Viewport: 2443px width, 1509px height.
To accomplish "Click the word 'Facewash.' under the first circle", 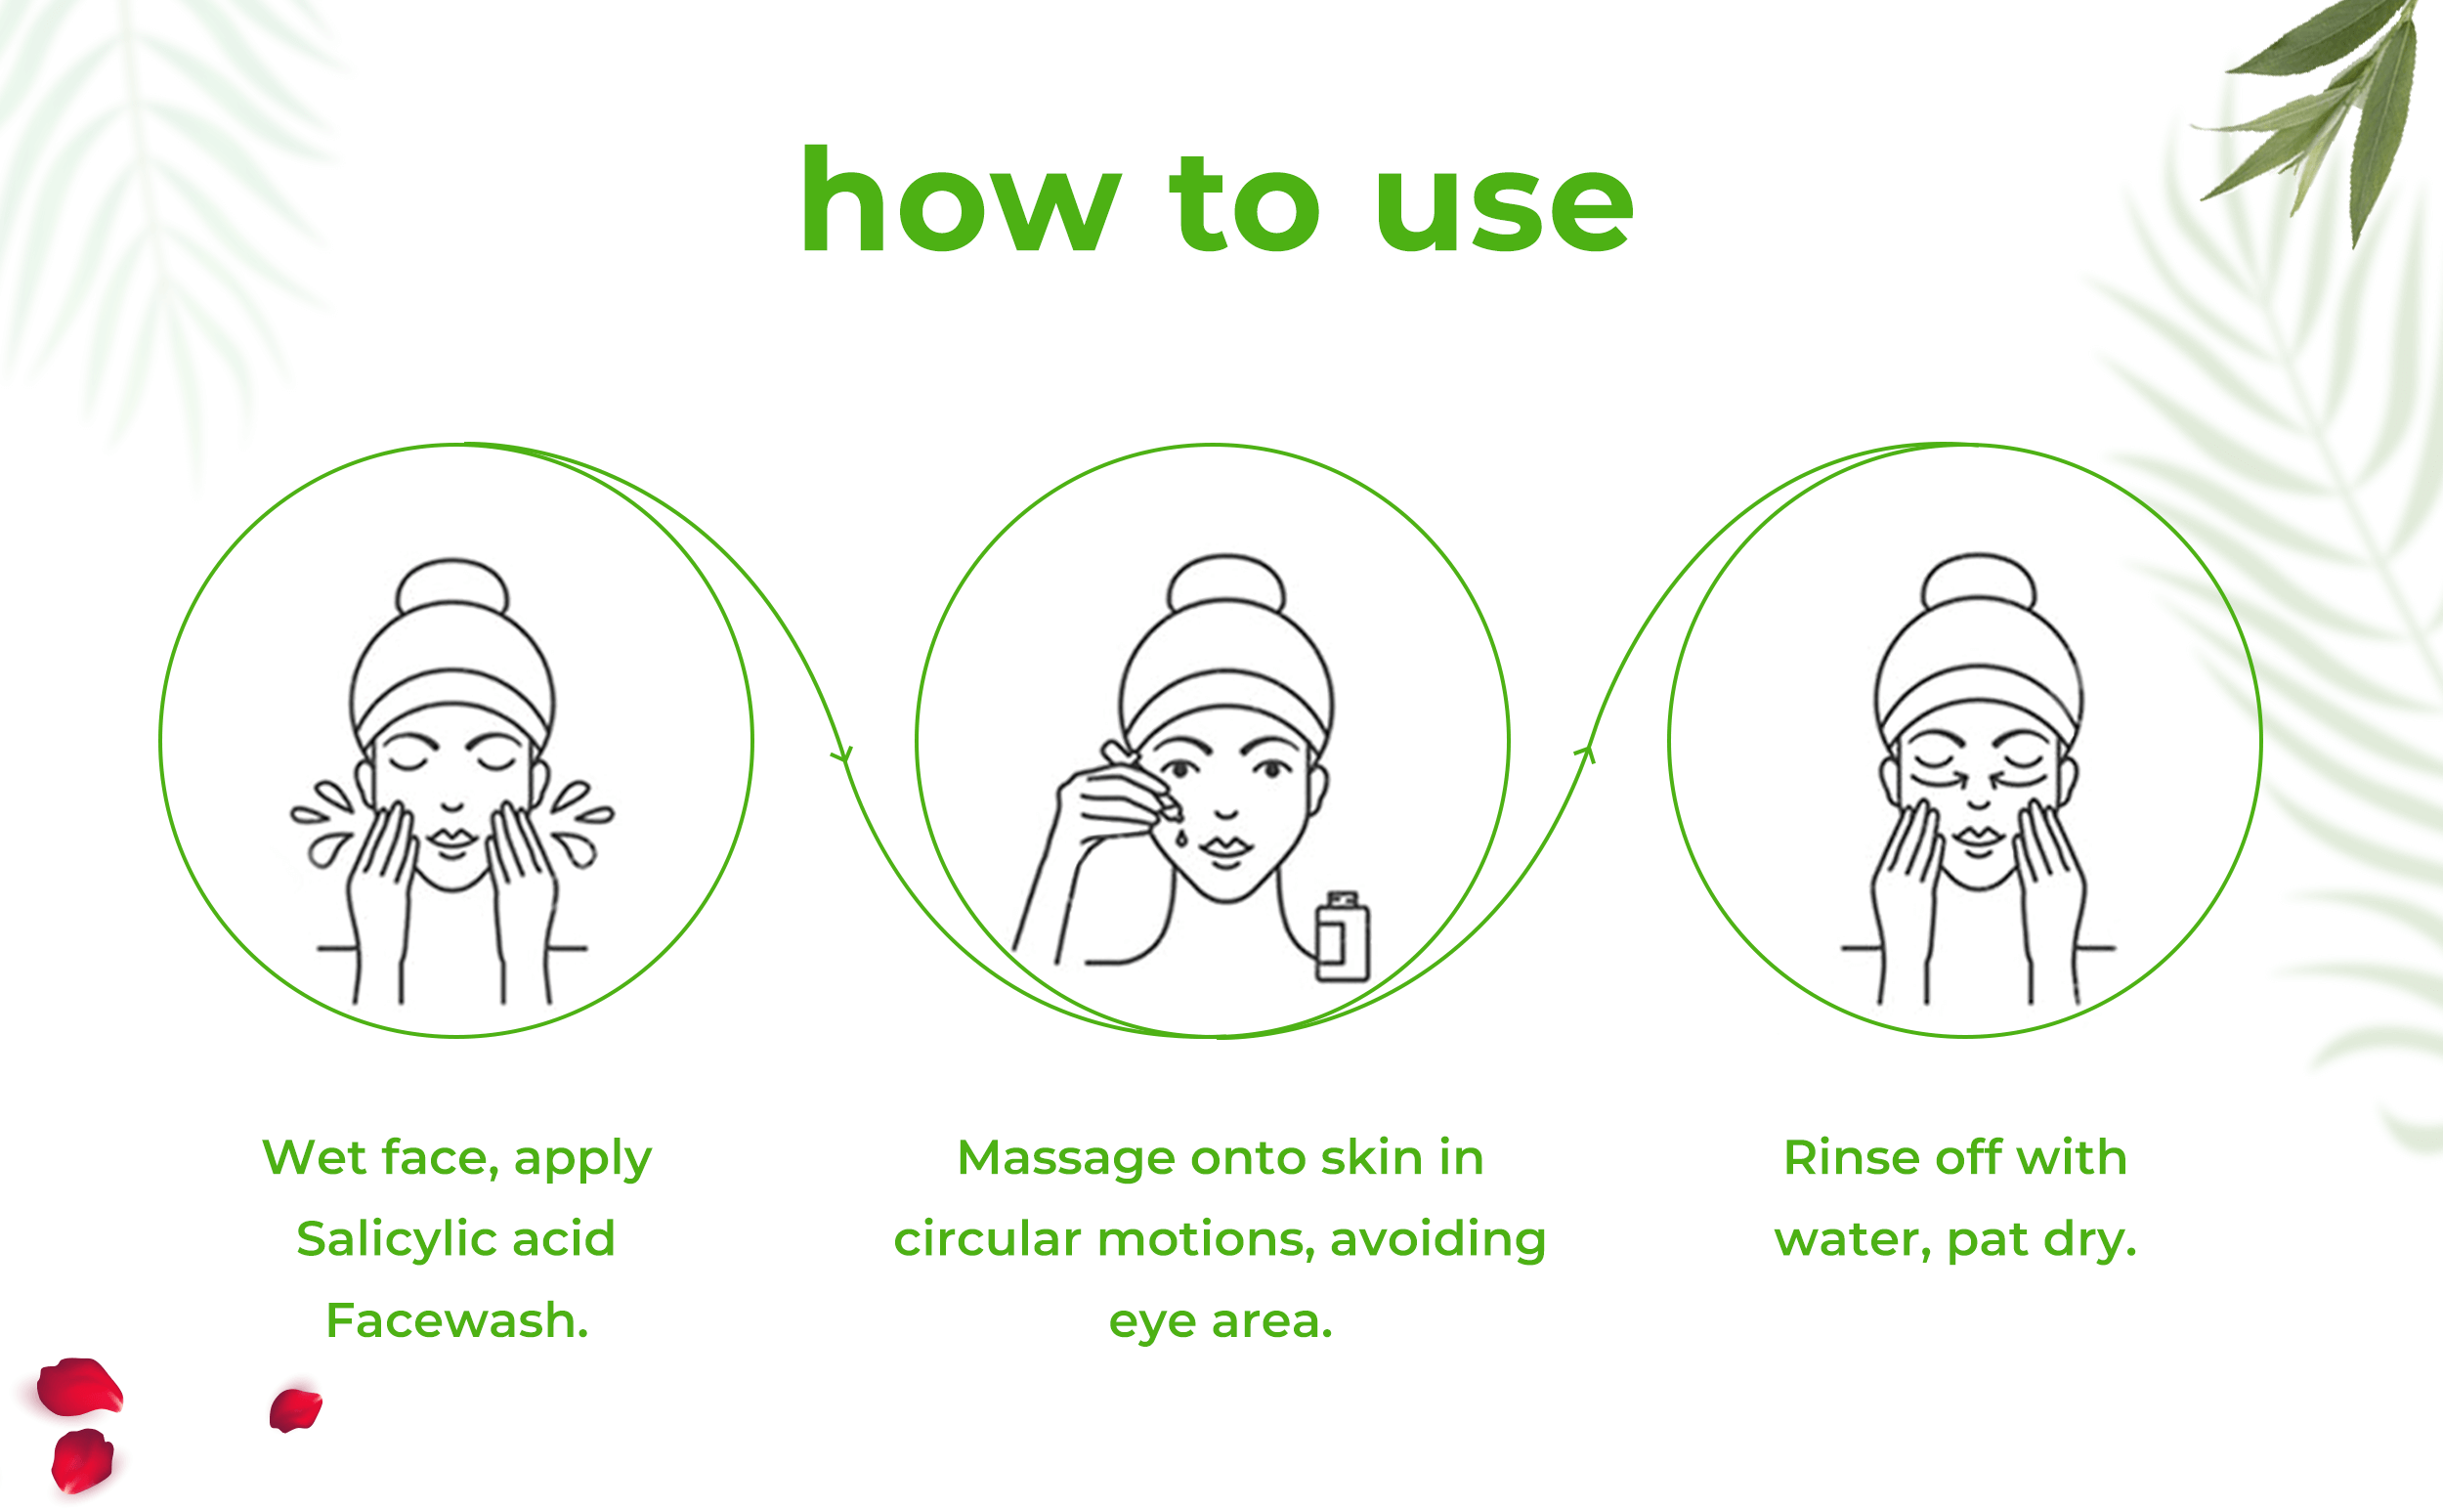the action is pyautogui.click(x=457, y=1320).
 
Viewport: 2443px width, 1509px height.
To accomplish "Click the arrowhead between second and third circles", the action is pyautogui.click(x=1586, y=754).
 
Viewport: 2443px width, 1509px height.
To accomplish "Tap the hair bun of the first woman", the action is pyautogui.click(x=452, y=585).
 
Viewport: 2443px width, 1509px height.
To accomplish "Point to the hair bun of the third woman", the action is pyautogui.click(x=1979, y=581).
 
